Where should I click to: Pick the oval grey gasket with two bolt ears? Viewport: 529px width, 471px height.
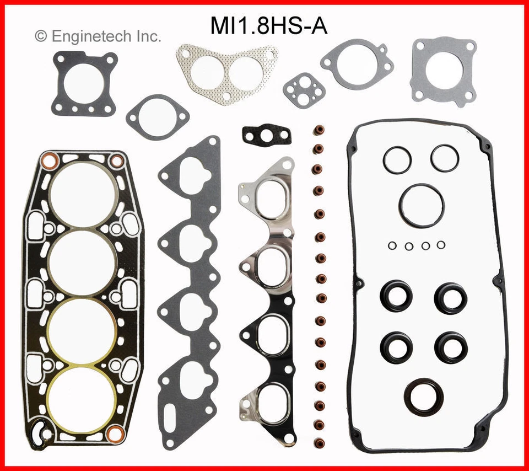[x=157, y=116]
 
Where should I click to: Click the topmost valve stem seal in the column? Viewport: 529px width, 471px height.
[x=319, y=131]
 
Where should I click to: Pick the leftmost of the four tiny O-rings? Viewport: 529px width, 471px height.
[x=391, y=245]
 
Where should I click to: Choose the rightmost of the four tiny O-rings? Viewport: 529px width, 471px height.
[x=440, y=245]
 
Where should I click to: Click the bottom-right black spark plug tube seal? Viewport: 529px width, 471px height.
[x=450, y=345]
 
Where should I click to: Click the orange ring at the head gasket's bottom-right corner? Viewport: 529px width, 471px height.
[x=114, y=434]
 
